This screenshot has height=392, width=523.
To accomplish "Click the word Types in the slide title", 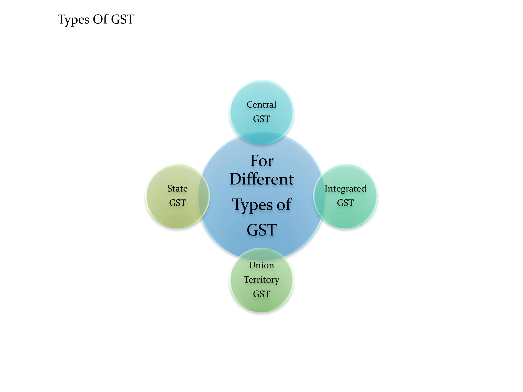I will (74, 20).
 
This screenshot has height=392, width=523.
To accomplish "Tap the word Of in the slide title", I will (101, 19).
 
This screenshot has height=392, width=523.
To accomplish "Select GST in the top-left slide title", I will (123, 19).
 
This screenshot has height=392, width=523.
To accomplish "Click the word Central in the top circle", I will (261, 105).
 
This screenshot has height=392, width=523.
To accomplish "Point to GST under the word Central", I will (261, 119).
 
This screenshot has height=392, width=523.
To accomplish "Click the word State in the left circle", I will (177, 189).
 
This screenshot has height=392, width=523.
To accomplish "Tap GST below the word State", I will (177, 203).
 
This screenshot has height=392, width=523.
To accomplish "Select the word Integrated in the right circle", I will (345, 189).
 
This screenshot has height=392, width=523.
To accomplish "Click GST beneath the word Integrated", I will (345, 203).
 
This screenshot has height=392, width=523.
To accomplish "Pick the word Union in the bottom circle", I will (261, 265).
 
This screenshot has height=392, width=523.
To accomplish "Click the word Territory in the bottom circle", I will (261, 280).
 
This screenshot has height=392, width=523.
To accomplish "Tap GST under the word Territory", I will (261, 294).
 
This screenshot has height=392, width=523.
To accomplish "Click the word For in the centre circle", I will (262, 161).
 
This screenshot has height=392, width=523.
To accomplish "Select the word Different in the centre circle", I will (262, 179).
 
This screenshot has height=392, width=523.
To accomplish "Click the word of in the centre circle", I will (284, 204).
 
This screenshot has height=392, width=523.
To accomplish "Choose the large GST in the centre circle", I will (262, 230).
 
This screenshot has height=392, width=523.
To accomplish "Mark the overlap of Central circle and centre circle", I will (261, 138).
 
